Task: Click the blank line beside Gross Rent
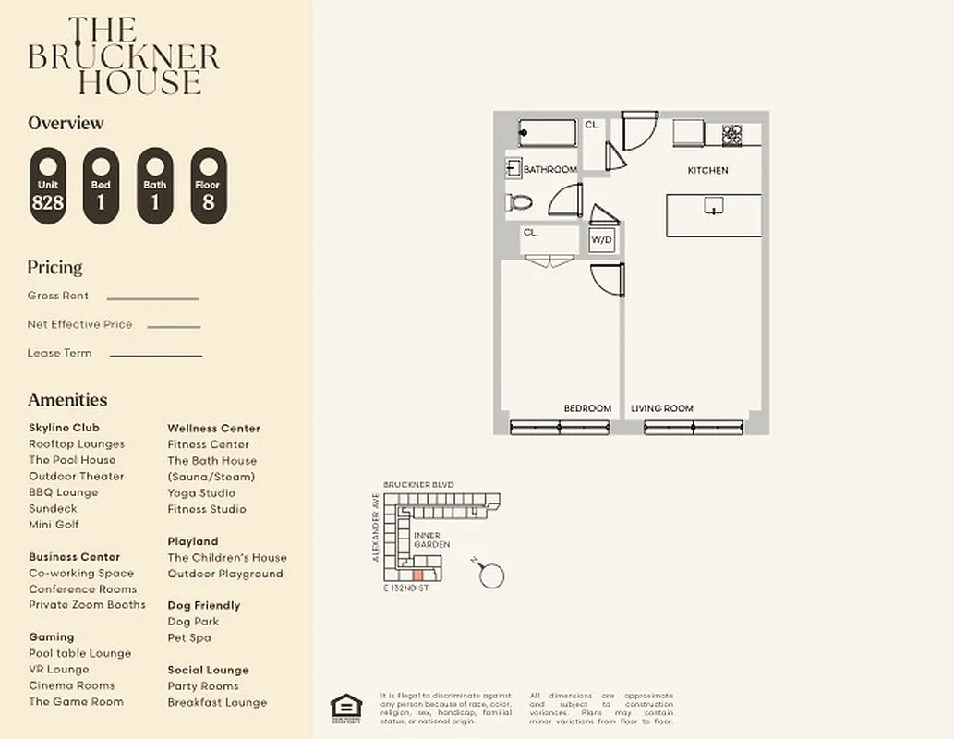point(152,298)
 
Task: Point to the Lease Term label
point(59,353)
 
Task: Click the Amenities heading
point(67,400)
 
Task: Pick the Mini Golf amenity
point(54,525)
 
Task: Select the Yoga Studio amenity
point(201,493)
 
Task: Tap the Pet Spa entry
point(189,637)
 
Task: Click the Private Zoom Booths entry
point(87,605)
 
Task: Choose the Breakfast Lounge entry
point(217,702)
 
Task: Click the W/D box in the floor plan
point(601,239)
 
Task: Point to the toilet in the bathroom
point(519,202)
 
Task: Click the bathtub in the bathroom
point(547,133)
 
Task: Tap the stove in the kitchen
point(732,133)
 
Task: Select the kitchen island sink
point(714,205)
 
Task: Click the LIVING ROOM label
point(662,408)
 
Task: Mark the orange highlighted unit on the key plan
point(417,575)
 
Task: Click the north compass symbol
point(490,575)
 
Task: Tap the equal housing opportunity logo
point(347,706)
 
